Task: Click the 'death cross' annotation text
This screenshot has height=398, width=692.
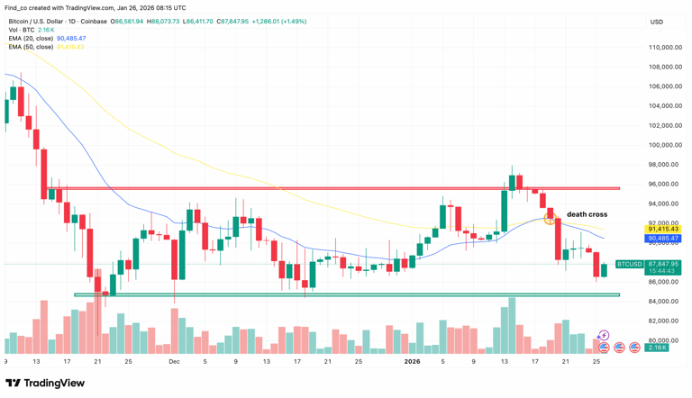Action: coord(587,214)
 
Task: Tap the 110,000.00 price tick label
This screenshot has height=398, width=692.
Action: coord(663,48)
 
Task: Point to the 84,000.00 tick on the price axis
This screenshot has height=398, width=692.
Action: coord(664,302)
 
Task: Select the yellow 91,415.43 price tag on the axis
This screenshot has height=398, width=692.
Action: coord(663,230)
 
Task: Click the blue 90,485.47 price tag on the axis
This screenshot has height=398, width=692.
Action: coord(663,239)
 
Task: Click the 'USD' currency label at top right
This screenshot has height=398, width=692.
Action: coord(656,22)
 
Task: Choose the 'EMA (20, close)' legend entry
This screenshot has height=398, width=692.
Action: coord(31,39)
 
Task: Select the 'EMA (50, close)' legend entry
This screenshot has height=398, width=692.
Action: coord(31,47)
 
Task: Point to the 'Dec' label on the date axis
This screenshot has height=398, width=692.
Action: coord(174,361)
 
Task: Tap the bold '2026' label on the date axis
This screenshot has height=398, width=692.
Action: coord(412,361)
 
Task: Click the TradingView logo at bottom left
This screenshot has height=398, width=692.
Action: coord(46,383)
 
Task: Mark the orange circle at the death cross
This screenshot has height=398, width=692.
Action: coord(550,219)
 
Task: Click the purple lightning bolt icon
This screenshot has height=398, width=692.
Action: coord(603,336)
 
